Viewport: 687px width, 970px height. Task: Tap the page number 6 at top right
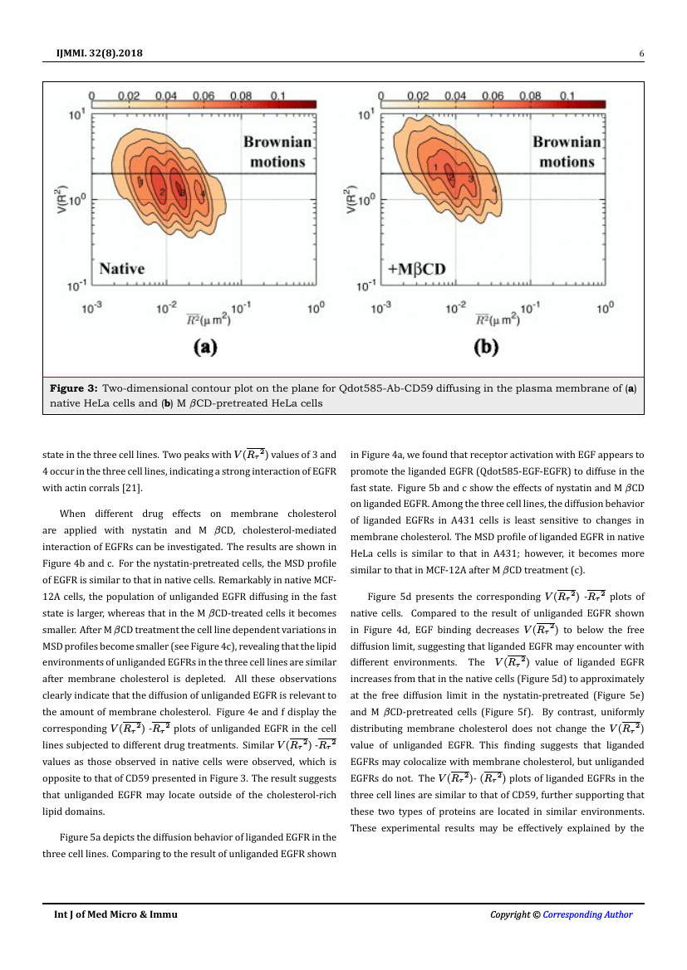(x=641, y=55)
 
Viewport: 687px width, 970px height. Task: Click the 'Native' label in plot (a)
(x=121, y=269)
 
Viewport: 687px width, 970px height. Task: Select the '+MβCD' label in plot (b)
(x=416, y=269)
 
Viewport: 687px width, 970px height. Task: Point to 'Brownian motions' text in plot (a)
(x=277, y=152)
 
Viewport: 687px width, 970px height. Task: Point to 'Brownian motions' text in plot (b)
(x=567, y=152)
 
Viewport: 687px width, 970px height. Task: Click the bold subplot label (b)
(x=485, y=348)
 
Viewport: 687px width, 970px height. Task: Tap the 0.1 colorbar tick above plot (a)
(x=277, y=95)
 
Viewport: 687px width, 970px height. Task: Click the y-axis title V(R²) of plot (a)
(x=59, y=201)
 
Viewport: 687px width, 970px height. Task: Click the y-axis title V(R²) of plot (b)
(x=349, y=201)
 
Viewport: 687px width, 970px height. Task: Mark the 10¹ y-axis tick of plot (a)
(x=76, y=116)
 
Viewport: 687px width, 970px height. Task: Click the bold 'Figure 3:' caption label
(x=75, y=388)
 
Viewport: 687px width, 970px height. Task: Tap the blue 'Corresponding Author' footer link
(x=587, y=914)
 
